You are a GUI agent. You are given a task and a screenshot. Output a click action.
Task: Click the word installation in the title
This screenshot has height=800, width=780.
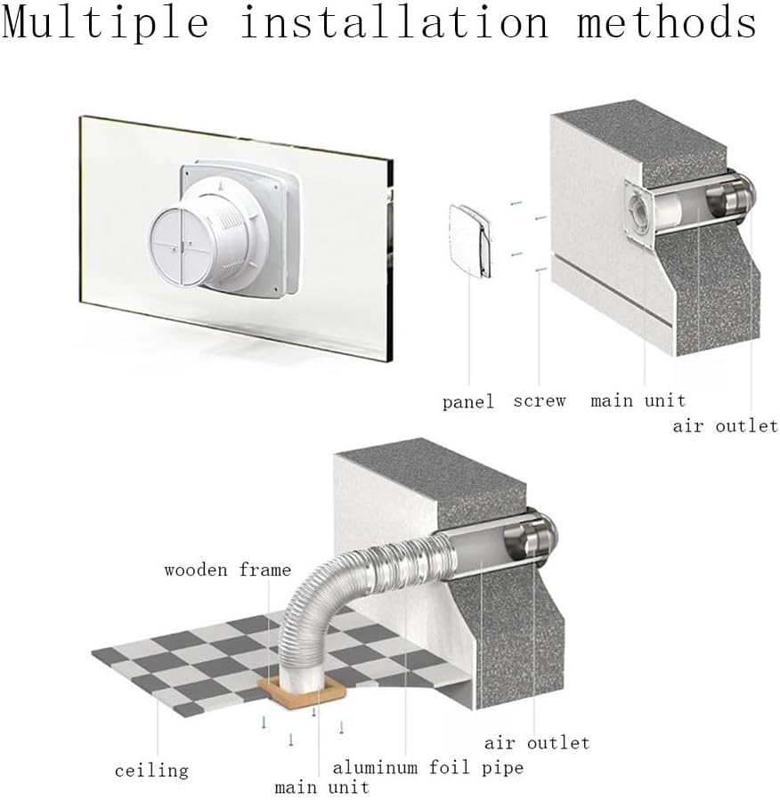click(x=394, y=23)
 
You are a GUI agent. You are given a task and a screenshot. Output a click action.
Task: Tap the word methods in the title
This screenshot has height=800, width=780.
click(x=667, y=23)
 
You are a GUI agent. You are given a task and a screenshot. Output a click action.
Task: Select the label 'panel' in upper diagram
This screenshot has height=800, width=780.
click(x=467, y=402)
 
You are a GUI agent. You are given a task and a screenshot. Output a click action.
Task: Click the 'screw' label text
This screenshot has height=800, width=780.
click(x=540, y=401)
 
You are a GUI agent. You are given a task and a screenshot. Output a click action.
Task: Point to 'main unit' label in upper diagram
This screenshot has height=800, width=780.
click(x=638, y=401)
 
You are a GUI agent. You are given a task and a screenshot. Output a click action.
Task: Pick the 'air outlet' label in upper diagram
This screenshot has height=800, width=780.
click(x=725, y=426)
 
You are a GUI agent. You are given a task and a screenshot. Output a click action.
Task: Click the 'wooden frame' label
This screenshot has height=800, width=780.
click(x=227, y=570)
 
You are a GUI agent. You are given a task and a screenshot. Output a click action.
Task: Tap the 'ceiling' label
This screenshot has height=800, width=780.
click(x=151, y=770)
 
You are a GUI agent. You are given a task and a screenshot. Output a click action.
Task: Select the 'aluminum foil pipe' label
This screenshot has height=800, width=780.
click(x=428, y=767)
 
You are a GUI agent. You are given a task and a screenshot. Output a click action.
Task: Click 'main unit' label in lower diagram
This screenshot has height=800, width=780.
click(x=321, y=788)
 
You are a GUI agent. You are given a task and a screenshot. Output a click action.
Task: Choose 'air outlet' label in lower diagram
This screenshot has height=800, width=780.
click(x=537, y=742)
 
